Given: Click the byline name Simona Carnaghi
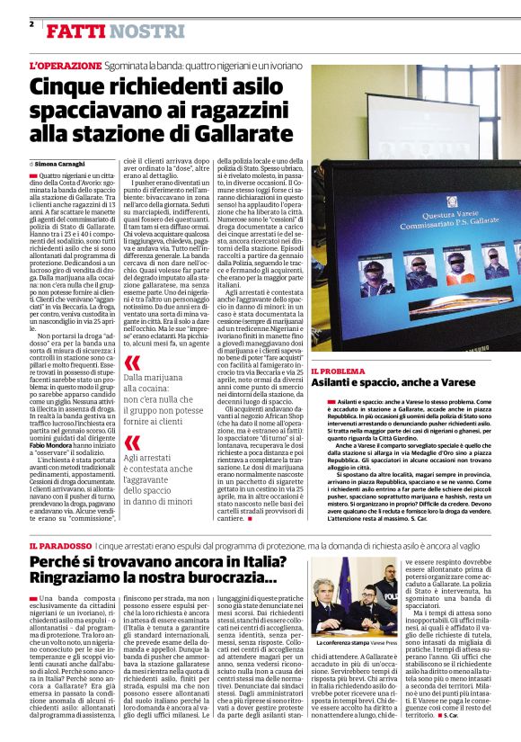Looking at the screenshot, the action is tap(61, 164).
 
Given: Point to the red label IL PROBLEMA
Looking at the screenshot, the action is tap(338, 371).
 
